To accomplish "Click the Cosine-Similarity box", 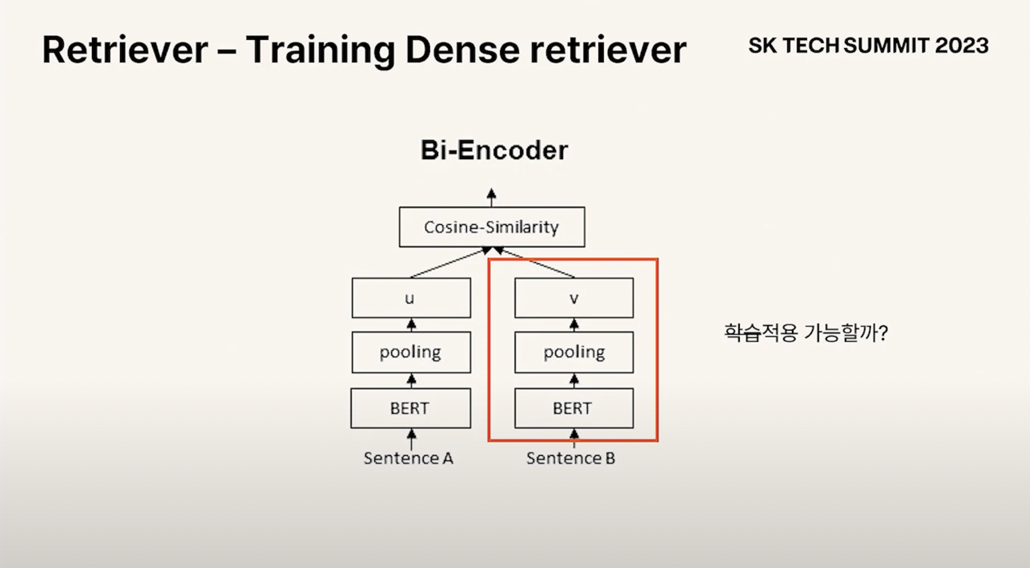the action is [x=491, y=227].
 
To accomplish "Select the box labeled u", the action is [x=411, y=298].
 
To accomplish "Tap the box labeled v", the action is [x=573, y=298].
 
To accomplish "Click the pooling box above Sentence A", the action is [x=411, y=352].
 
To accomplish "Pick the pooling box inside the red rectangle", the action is [x=573, y=352].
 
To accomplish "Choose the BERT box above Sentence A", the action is [x=411, y=408].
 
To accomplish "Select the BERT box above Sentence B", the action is [x=573, y=408].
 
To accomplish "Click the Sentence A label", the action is [x=408, y=458].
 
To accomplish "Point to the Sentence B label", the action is [x=570, y=458].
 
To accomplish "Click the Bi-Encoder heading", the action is [x=494, y=151].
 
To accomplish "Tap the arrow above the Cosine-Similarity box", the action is [x=491, y=197].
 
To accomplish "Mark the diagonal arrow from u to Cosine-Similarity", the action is [x=450, y=263].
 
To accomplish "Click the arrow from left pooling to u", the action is [x=412, y=325].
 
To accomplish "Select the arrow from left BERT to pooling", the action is [x=412, y=380].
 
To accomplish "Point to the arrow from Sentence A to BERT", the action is [x=412, y=439].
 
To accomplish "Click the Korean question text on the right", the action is [x=805, y=333].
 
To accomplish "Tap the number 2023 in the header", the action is [x=962, y=46].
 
